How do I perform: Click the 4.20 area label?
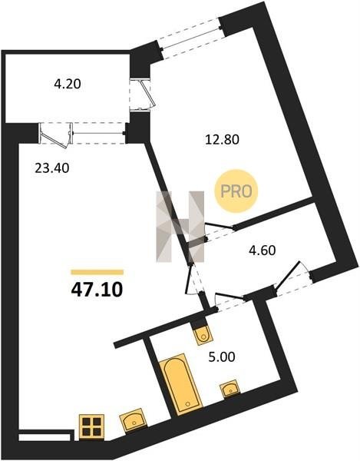tap(68, 85)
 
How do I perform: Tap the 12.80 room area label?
tap(222, 139)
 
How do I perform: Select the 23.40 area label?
tap(52, 168)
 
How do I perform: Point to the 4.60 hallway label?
tap(263, 250)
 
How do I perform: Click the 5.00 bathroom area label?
tap(222, 357)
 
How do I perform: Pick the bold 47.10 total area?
tap(97, 290)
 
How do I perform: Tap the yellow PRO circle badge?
tap(236, 191)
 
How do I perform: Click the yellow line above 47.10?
tap(97, 272)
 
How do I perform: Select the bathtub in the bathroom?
tap(181, 384)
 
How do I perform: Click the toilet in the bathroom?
tap(202, 333)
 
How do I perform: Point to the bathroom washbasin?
tap(230, 389)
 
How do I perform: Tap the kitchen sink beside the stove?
tap(134, 420)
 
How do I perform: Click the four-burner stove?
tap(92, 426)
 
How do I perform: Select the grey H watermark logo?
tap(180, 226)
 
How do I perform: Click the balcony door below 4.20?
tap(56, 134)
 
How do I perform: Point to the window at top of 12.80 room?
tap(191, 38)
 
